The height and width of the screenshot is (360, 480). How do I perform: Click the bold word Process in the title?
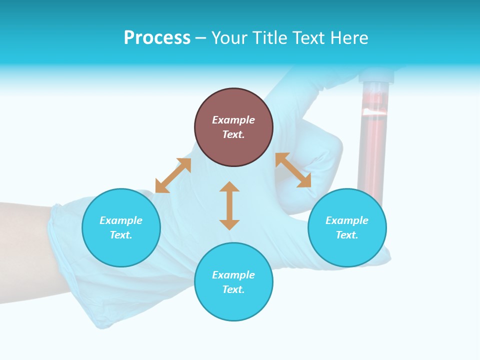coord(157,38)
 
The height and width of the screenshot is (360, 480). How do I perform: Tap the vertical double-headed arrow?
coord(229,206)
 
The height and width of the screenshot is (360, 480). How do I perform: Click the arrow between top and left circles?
coord(173,175)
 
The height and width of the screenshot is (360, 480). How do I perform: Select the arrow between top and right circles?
coord(293,170)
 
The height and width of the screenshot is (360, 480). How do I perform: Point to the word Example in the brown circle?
coord(233,120)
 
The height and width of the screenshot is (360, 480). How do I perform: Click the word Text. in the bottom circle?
coord(233,289)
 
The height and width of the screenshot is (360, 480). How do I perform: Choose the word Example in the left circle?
coord(121,220)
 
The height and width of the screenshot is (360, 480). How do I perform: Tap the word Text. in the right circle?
coord(347,235)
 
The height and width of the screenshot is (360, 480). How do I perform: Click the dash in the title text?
coord(200,38)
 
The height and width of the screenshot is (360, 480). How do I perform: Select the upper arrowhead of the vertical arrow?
coord(229,186)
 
